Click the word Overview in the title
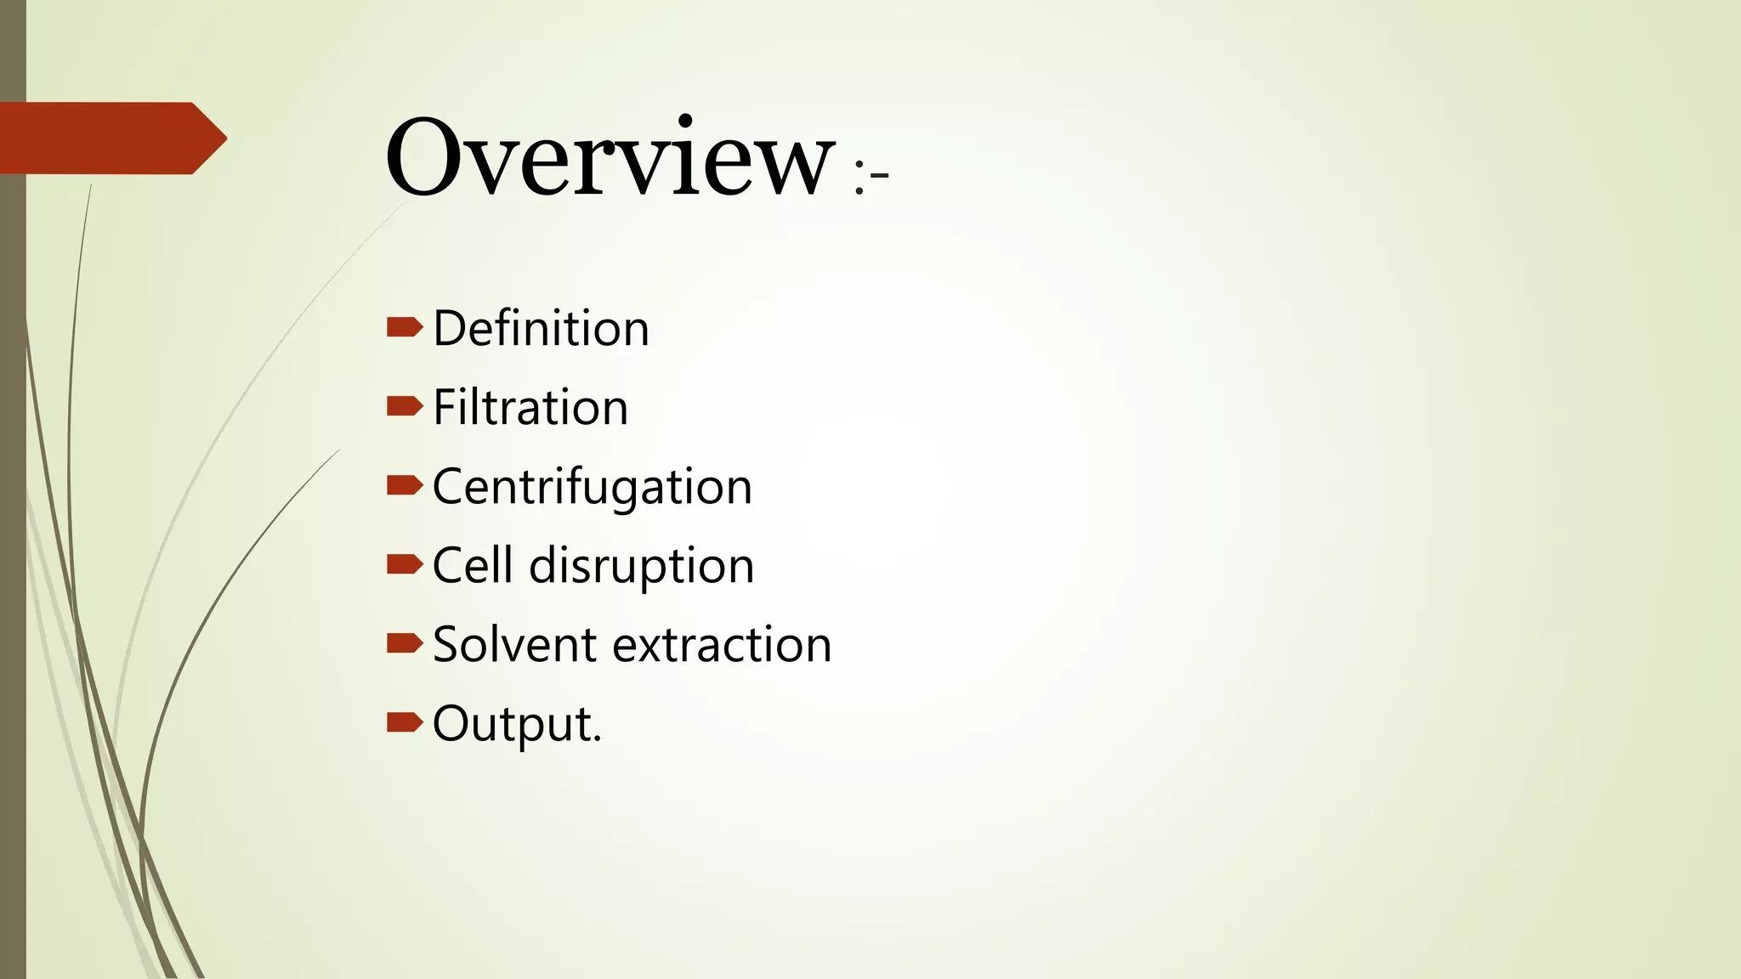(610, 158)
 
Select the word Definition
(541, 329)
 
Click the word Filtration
(530, 408)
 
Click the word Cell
(473, 566)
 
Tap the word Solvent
(514, 645)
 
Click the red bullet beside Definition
(405, 327)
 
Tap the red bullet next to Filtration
(405, 406)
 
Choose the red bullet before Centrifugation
(405, 485)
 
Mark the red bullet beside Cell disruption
(405, 564)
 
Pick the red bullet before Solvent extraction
(405, 643)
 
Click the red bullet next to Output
(405, 722)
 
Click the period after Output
(598, 740)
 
